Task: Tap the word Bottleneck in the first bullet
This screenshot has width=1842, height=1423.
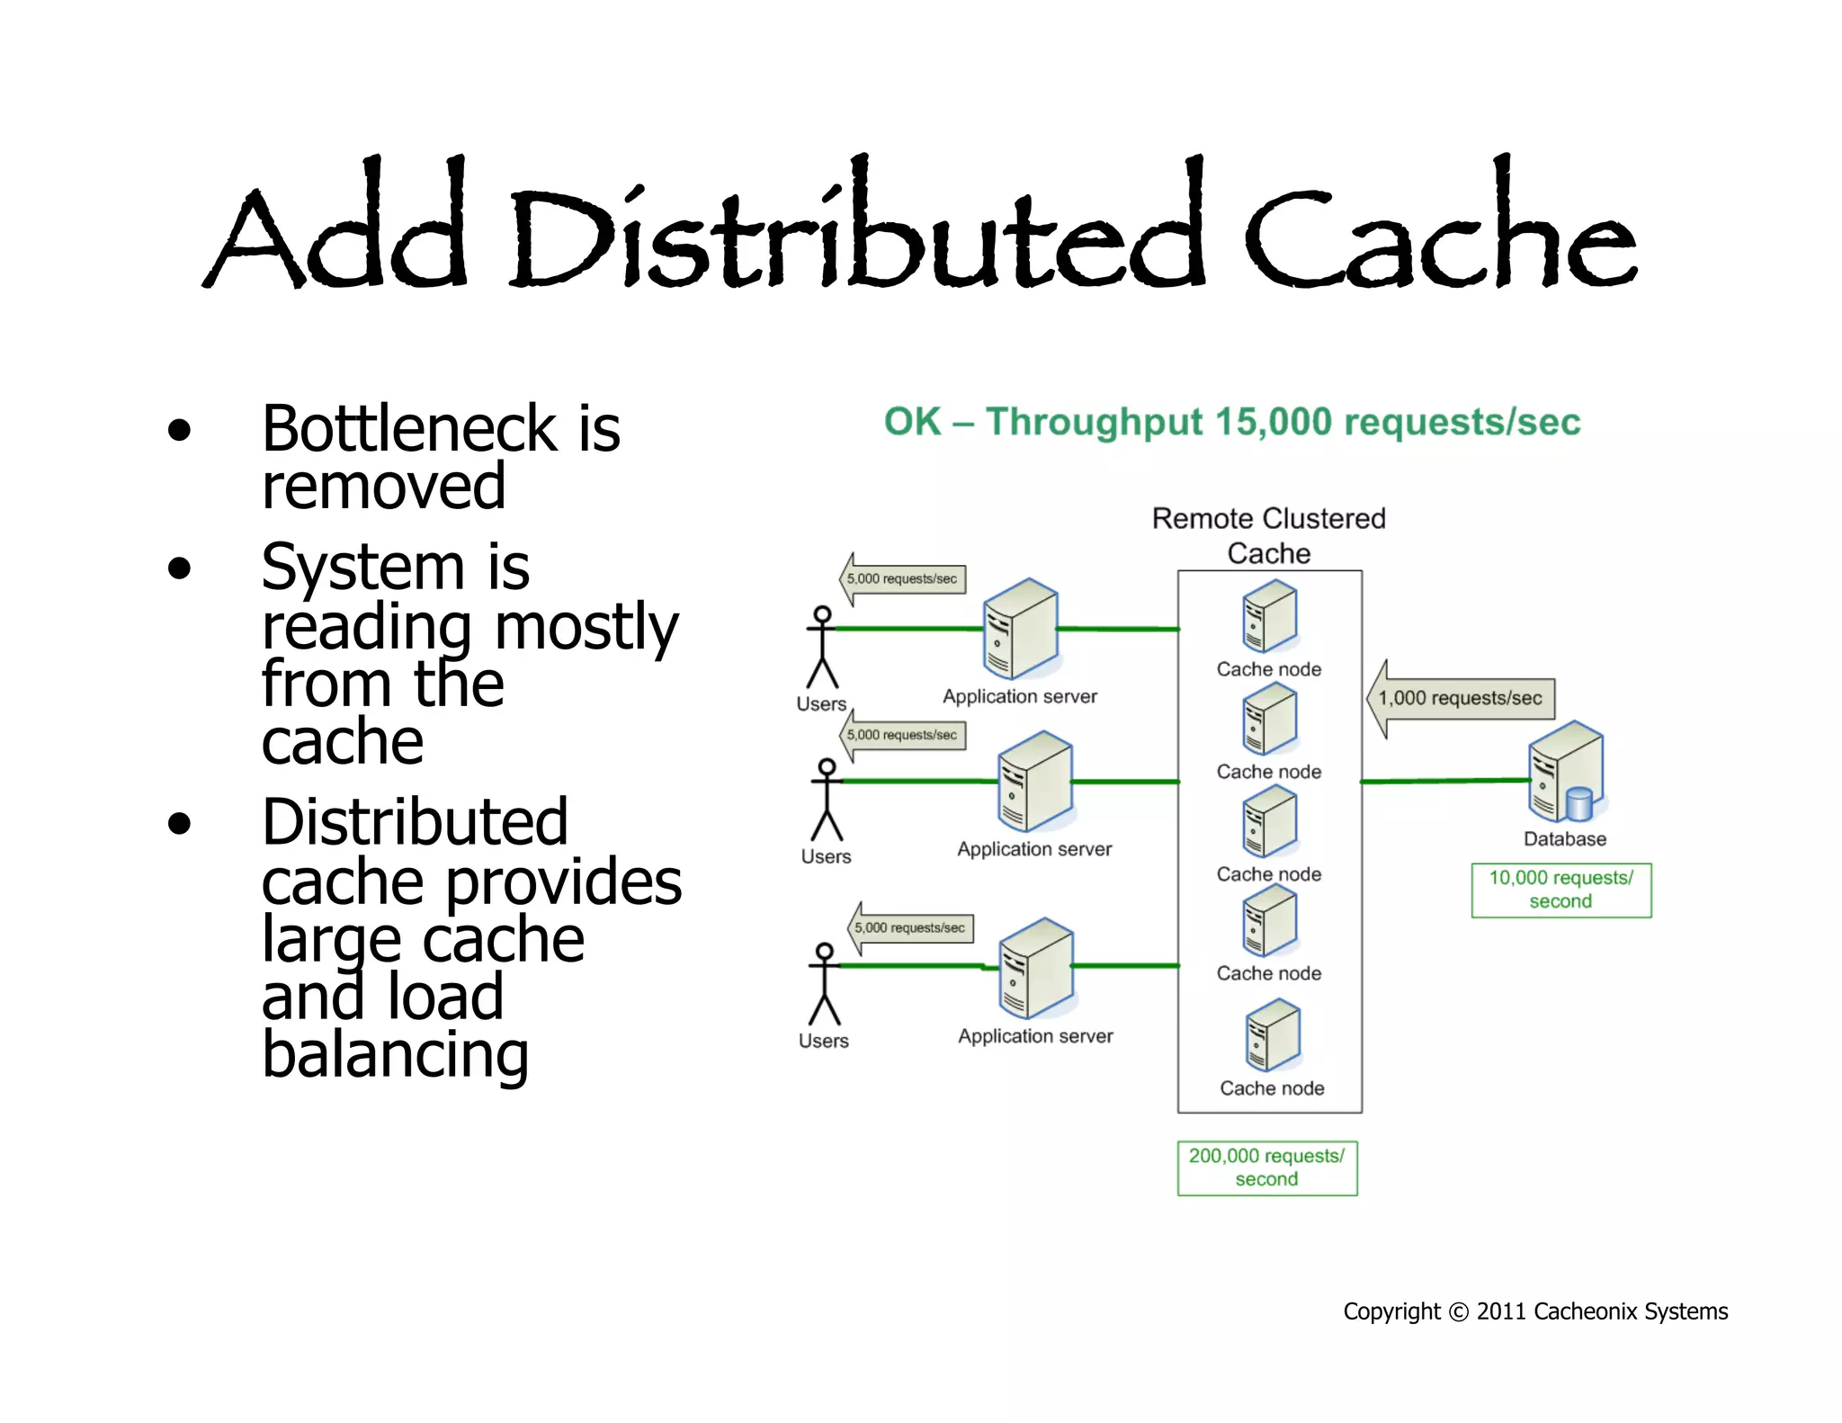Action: coord(409,429)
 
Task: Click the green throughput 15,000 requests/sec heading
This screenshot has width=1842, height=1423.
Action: coord(1231,422)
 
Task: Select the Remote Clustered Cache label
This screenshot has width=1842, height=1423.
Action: coord(1268,535)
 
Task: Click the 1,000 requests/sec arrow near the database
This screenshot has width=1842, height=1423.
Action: coord(1461,698)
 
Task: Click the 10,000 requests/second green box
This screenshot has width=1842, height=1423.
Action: coord(1560,890)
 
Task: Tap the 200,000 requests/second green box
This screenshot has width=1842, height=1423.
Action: coord(1266,1168)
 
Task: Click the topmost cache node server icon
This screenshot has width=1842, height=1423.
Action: coord(1269,617)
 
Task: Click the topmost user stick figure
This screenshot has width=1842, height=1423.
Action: coord(822,647)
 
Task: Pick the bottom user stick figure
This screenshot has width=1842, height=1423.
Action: coord(824,984)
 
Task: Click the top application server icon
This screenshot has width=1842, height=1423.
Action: coord(1020,629)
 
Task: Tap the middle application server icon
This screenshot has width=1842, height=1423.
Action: coord(1035,781)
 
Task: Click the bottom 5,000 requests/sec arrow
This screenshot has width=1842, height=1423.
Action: coord(910,927)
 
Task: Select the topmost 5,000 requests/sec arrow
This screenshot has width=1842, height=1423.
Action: coord(902,578)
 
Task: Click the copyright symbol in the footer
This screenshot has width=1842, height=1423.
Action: coord(1459,1312)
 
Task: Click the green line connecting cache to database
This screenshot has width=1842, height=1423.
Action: coord(1444,782)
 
